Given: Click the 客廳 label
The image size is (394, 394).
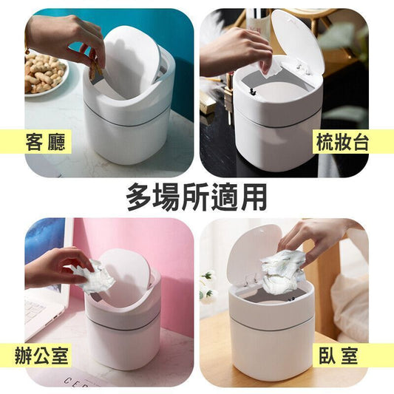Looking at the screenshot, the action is (46, 142).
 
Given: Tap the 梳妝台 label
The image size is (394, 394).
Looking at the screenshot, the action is (342, 142).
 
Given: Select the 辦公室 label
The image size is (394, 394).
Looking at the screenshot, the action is (41, 356).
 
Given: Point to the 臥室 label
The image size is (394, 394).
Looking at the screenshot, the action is (339, 356).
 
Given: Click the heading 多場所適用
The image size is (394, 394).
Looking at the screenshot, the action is (197, 197).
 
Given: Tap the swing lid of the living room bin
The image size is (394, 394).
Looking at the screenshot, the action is (131, 61).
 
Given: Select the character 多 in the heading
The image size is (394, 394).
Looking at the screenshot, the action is (140, 197).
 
